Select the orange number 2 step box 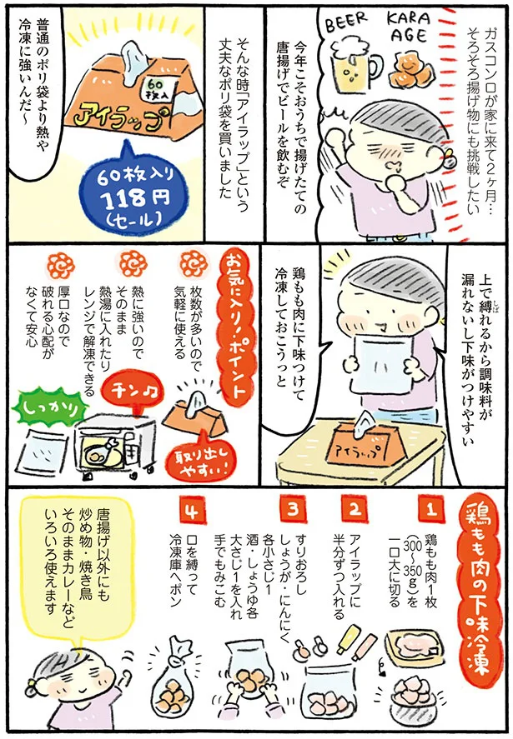[353, 507]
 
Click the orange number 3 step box [293, 507]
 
